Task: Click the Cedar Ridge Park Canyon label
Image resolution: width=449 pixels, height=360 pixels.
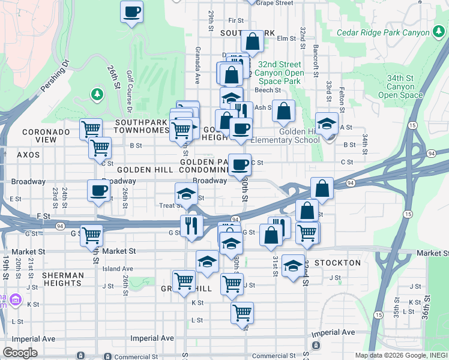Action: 383,32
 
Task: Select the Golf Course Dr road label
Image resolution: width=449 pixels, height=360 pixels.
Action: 129,91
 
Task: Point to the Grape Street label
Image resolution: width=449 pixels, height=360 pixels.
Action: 274,3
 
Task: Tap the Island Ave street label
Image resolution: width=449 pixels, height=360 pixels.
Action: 118,269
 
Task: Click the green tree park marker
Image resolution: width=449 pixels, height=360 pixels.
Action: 96,94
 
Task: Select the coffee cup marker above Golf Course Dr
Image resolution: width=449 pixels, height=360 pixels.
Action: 132,11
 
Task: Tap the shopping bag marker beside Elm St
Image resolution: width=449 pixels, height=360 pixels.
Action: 253,41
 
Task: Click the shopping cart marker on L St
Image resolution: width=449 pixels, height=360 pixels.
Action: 242,312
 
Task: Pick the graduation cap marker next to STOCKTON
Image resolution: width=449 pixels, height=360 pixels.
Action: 293,265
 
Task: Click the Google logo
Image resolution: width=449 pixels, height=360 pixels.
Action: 20,353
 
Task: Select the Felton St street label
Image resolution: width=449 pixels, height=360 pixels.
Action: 341,99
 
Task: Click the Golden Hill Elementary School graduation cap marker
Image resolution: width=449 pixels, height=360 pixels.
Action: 327,124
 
